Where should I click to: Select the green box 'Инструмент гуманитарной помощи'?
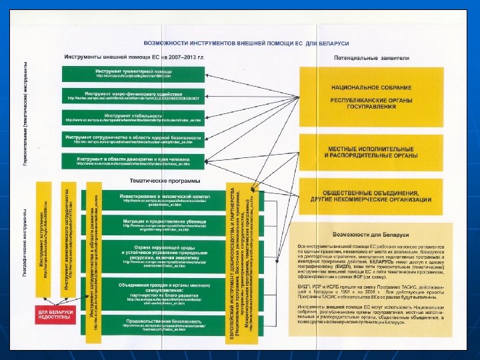tap(133, 73)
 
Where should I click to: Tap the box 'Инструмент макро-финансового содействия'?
tap(133, 95)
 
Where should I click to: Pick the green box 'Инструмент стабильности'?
tap(133, 117)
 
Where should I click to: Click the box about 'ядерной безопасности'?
tap(133, 139)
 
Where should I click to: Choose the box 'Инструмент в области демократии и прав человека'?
tap(133, 161)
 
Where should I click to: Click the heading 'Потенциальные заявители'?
tap(371, 57)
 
